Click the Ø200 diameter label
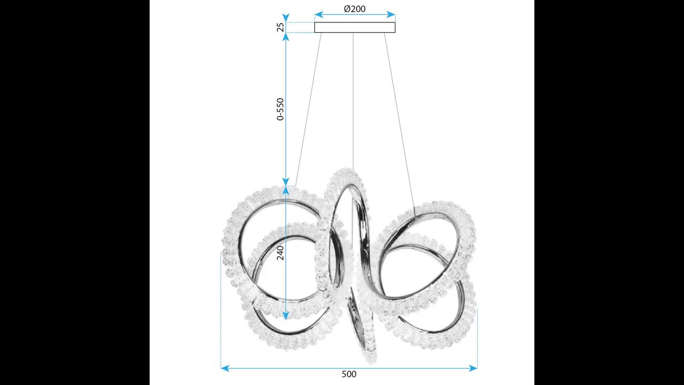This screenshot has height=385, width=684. (354, 9)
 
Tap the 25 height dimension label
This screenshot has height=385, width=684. (281, 27)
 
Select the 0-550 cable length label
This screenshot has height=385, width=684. (281, 109)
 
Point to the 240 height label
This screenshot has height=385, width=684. (281, 253)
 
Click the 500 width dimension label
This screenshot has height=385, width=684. (349, 374)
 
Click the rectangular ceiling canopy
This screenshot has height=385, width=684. (355, 27)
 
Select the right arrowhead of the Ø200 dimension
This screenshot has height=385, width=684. (391, 14)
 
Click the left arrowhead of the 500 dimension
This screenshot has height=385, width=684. (225, 368)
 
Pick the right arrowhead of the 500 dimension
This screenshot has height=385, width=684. (473, 368)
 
